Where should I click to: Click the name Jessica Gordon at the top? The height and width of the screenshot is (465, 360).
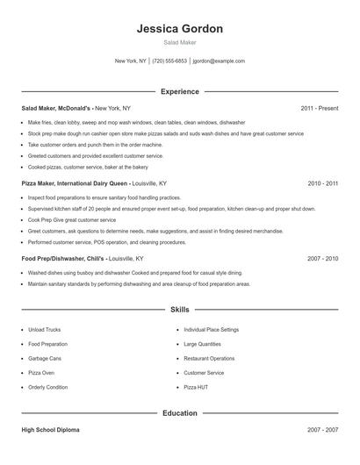pyautogui.click(x=180, y=28)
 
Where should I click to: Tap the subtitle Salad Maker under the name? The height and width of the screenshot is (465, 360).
pyautogui.click(x=180, y=42)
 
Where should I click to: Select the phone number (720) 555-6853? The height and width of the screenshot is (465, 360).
pyautogui.click(x=169, y=61)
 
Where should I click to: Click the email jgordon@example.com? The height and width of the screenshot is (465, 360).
pyautogui.click(x=219, y=61)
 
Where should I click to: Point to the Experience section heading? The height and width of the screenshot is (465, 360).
pyautogui.click(x=180, y=91)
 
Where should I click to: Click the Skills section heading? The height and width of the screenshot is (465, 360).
pyautogui.click(x=180, y=310)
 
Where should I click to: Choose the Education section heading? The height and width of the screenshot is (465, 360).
pyautogui.click(x=180, y=412)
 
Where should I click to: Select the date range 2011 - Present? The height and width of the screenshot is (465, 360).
pyautogui.click(x=320, y=108)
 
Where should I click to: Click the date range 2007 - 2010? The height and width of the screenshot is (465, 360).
pyautogui.click(x=323, y=260)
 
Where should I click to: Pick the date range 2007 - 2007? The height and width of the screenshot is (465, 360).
pyautogui.click(x=323, y=430)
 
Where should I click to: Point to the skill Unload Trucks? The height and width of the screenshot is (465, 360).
pyautogui.click(x=45, y=330)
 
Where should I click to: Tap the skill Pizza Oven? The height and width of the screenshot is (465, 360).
pyautogui.click(x=42, y=373)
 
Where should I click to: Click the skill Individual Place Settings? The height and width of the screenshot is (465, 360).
pyautogui.click(x=211, y=330)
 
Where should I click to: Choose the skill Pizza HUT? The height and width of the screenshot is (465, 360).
pyautogui.click(x=196, y=387)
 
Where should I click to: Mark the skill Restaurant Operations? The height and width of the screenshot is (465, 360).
pyautogui.click(x=209, y=358)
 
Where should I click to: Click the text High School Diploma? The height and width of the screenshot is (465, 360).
pyautogui.click(x=50, y=430)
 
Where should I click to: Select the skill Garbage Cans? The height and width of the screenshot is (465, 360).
pyautogui.click(x=45, y=358)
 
